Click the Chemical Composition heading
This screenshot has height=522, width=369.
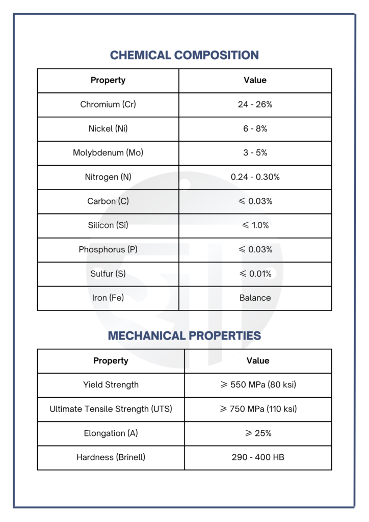pyautogui.click(x=184, y=55)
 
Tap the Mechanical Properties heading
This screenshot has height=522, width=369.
pyautogui.click(x=184, y=335)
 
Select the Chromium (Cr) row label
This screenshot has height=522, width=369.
pyautogui.click(x=108, y=105)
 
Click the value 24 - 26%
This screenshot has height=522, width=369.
pyautogui.click(x=255, y=105)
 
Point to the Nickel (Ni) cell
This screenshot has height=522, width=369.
pyautogui.click(x=108, y=129)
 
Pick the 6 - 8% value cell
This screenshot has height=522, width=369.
pyautogui.click(x=255, y=129)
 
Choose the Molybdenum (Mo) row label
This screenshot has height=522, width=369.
pyautogui.click(x=108, y=153)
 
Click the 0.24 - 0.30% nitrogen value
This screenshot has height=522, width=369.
pyautogui.click(x=255, y=177)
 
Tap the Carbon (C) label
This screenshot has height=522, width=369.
pyautogui.click(x=108, y=201)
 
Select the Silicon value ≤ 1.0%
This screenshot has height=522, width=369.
pyautogui.click(x=255, y=225)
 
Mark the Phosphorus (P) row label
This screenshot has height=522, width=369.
pyautogui.click(x=108, y=250)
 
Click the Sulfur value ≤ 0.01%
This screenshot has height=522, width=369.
pyautogui.click(x=255, y=274)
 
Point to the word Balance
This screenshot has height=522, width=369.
pyautogui.click(x=255, y=298)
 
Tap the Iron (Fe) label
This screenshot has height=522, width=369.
pyautogui.click(x=108, y=298)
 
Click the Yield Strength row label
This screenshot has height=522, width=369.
pyautogui.click(x=111, y=385)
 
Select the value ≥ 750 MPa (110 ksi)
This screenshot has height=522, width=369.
pyautogui.click(x=258, y=409)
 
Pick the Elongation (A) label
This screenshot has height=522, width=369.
pyautogui.click(x=111, y=433)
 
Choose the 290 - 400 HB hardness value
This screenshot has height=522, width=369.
pyautogui.click(x=258, y=457)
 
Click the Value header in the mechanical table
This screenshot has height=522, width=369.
pyautogui.click(x=258, y=361)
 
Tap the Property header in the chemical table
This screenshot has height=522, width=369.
pyautogui.click(x=108, y=80)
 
